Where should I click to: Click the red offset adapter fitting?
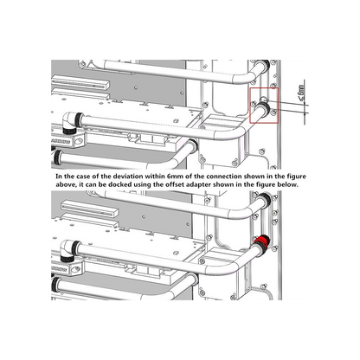262,241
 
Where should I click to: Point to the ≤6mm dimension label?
301,93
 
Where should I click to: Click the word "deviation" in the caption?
128,177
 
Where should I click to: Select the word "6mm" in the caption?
174,177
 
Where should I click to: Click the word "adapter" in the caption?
198,184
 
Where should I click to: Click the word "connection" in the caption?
224,177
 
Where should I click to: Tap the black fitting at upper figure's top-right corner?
265,65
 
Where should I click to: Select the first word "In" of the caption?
59,177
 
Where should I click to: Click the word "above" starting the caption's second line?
65,184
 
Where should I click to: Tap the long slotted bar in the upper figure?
81,82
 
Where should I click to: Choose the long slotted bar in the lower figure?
90,209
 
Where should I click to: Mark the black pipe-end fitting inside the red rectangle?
264,110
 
